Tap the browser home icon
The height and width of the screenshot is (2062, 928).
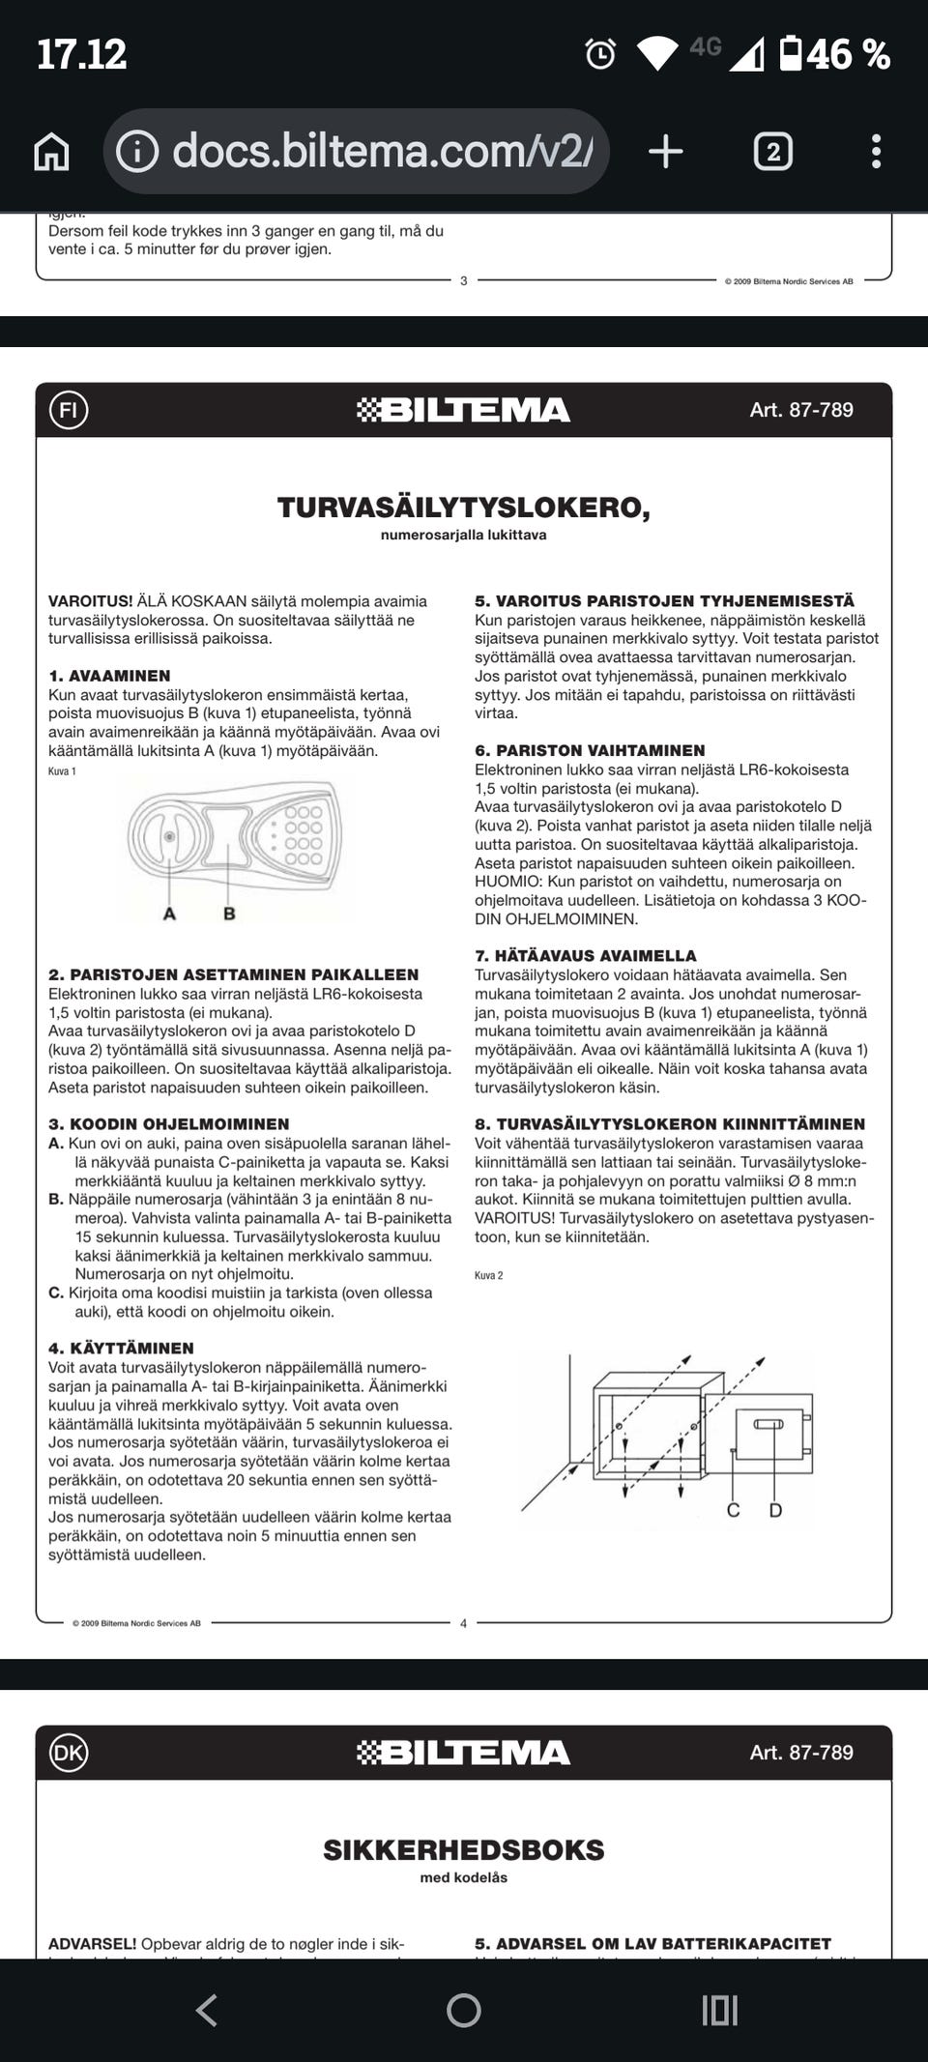(x=51, y=152)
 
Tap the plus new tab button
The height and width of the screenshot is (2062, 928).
(x=665, y=152)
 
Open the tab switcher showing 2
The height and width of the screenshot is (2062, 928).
(x=772, y=152)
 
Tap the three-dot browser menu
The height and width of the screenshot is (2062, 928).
(x=876, y=152)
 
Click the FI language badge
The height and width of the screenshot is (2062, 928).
(x=69, y=410)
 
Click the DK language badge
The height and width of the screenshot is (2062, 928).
(x=69, y=1753)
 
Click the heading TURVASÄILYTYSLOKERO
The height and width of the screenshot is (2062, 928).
(x=463, y=508)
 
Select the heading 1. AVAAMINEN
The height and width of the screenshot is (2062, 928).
(x=109, y=676)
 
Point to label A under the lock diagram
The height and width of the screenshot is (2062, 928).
(x=170, y=914)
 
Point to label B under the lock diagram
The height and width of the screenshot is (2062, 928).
(x=229, y=914)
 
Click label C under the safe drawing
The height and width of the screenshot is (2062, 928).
(x=733, y=1510)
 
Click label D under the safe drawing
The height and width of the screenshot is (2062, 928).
(x=775, y=1510)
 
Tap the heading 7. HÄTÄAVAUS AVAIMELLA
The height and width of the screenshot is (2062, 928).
(x=585, y=955)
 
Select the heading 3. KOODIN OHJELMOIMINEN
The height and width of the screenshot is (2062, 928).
(x=169, y=1124)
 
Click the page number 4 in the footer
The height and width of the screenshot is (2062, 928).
(x=463, y=1623)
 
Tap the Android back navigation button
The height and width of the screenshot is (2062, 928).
(x=206, y=2011)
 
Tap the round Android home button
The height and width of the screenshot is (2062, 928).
(x=464, y=2011)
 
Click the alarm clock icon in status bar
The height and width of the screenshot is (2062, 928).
(x=600, y=54)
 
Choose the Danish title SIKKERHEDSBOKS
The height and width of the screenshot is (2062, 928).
(x=463, y=1850)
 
